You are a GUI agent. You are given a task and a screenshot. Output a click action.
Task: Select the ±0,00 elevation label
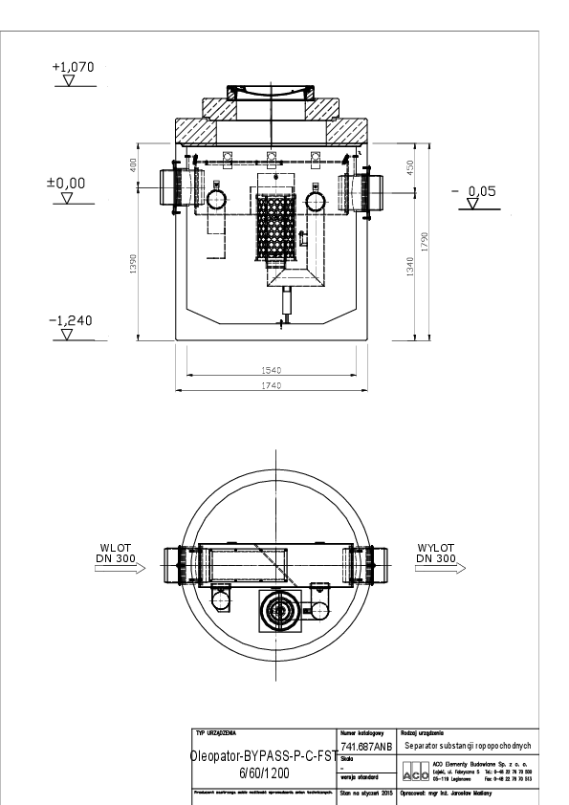pyautogui.click(x=67, y=182)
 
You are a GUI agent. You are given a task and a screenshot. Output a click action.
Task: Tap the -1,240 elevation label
pyautogui.click(x=70, y=320)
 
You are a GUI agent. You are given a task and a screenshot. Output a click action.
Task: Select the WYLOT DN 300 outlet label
pyautogui.click(x=435, y=553)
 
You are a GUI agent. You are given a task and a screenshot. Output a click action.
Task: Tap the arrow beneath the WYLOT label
pyautogui.click(x=440, y=568)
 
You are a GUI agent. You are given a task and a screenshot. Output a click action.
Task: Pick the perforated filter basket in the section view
pyautogui.click(x=275, y=226)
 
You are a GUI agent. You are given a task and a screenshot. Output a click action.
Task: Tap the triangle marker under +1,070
pyautogui.click(x=68, y=82)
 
